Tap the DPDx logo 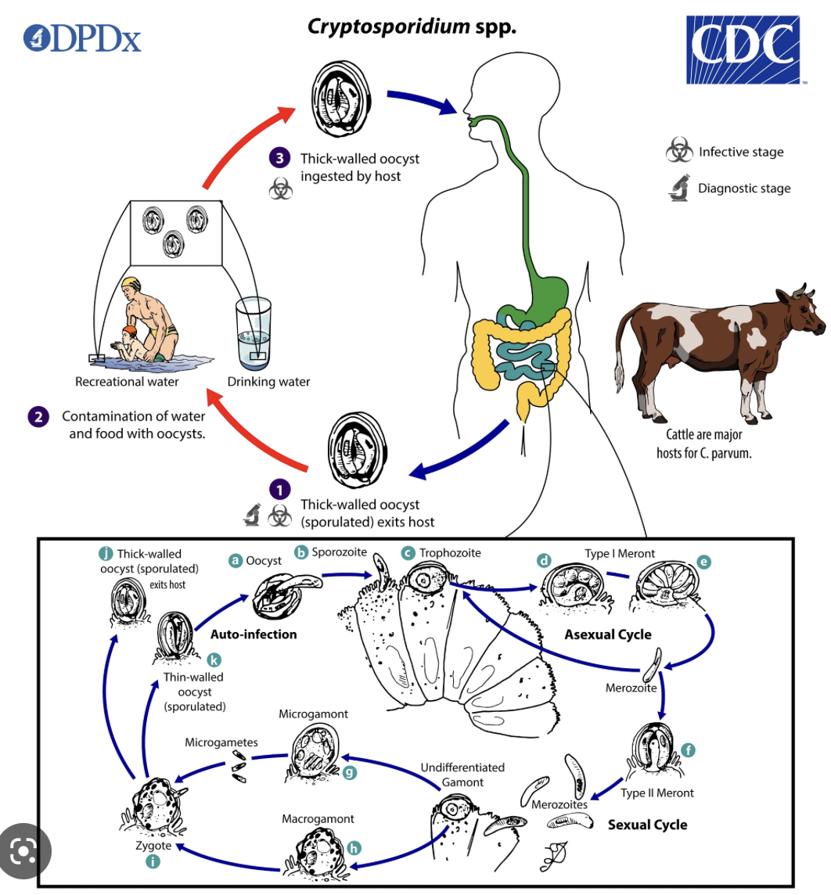point(82,38)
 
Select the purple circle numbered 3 point(280,158)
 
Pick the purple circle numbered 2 point(37,417)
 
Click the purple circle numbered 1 point(280,491)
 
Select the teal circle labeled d point(544,560)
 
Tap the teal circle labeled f point(689,750)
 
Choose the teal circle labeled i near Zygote point(153,861)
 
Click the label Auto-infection point(254,634)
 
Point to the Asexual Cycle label point(608,634)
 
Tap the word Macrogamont point(318,818)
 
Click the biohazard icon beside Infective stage point(678,152)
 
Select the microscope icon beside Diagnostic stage point(678,189)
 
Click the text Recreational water point(127,382)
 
